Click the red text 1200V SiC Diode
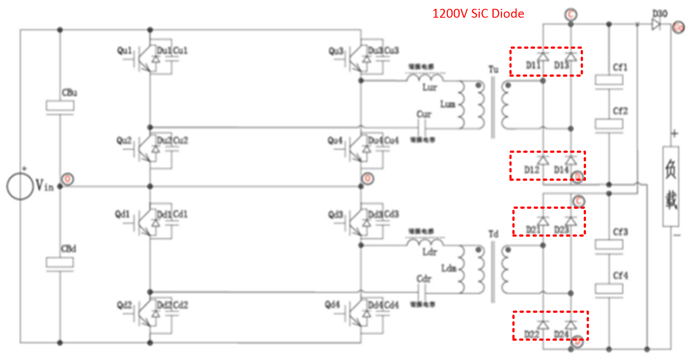(x=478, y=14)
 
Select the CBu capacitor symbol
(x=60, y=107)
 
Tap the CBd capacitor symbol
(x=60, y=263)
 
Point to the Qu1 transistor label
(x=125, y=51)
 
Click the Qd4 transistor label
(x=333, y=305)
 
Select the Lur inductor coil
(x=425, y=77)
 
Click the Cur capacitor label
(x=423, y=114)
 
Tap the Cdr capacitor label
(x=423, y=279)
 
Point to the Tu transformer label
(x=493, y=69)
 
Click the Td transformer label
(x=493, y=234)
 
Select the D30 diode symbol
(x=656, y=25)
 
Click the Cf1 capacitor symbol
(x=609, y=81)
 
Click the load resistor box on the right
(x=671, y=186)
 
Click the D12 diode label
(x=531, y=170)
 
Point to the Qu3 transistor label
(x=336, y=51)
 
